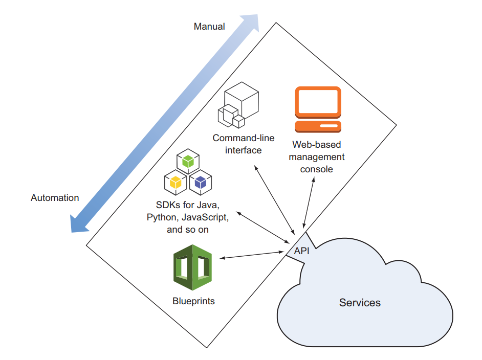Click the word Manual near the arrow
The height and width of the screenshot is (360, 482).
(209, 27)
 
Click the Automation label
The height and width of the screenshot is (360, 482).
(55, 198)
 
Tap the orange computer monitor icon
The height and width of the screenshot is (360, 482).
(318, 109)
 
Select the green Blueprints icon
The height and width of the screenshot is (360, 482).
(192, 267)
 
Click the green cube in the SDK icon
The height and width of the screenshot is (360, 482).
(188, 161)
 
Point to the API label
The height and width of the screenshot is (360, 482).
(302, 251)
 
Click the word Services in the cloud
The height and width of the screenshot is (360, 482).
(360, 303)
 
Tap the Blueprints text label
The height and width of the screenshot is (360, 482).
(193, 301)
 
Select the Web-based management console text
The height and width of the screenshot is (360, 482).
(317, 156)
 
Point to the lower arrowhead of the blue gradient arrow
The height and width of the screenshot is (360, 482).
(77, 223)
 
